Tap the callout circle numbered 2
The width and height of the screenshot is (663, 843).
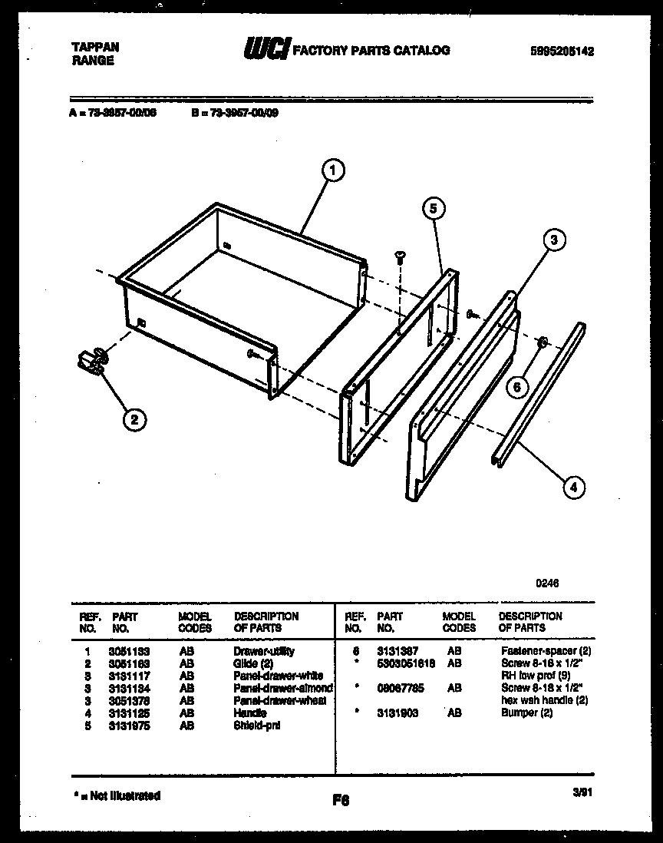[x=134, y=419]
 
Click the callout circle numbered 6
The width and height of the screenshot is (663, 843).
[x=517, y=387]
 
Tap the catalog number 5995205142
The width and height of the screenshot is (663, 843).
[x=562, y=51]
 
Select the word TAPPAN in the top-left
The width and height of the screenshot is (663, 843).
[x=95, y=47]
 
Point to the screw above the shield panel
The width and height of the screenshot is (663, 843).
[x=400, y=258]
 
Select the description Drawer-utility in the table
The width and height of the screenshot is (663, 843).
[x=263, y=651]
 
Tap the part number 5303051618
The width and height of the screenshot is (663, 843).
[x=405, y=663]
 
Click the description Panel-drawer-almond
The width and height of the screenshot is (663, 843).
[x=282, y=689]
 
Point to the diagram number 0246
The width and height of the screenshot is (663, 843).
[x=547, y=583]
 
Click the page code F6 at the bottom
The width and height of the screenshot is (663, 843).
[x=341, y=800]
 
